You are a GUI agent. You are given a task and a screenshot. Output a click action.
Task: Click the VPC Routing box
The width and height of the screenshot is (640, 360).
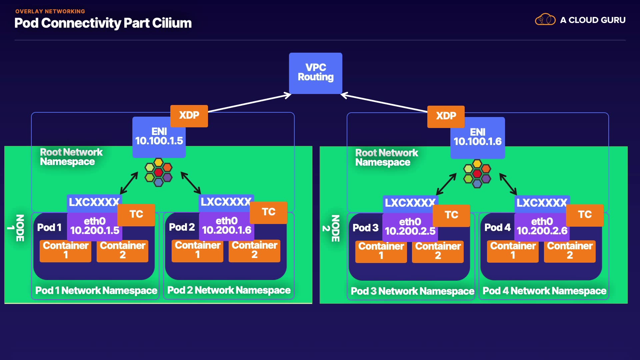pos(315,73)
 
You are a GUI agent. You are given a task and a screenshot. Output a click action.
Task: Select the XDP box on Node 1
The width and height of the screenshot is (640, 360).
pos(189,116)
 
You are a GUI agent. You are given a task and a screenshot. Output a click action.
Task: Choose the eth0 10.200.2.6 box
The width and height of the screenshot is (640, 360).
pos(542,227)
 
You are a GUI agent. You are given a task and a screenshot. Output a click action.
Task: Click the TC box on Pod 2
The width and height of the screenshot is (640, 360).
pos(268,212)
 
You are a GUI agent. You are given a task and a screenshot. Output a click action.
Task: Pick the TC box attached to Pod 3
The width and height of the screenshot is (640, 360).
pos(451,215)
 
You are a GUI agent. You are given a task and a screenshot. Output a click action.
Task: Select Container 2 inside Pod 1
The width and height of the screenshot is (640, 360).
pos(122,250)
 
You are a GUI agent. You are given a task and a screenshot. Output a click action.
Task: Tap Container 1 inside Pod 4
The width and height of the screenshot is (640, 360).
pos(513,251)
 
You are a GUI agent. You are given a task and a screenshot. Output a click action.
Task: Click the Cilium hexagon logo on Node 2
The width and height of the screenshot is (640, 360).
pos(477,173)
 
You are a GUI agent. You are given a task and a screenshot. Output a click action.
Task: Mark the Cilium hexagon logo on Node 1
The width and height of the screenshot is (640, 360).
pos(158,172)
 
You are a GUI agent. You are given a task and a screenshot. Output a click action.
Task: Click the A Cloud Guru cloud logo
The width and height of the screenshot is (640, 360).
pos(545,20)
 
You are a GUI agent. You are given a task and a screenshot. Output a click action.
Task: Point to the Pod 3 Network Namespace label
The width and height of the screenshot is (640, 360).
pos(412,291)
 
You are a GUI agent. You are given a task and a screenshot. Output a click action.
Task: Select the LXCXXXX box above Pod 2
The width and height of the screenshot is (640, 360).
pos(226,202)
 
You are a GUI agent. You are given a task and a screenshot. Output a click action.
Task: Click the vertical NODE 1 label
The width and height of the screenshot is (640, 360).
pos(16,228)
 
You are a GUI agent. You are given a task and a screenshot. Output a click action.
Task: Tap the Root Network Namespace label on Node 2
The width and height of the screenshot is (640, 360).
pos(386,157)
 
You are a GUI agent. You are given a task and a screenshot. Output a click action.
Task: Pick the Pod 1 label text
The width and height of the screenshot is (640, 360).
pos(49,227)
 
